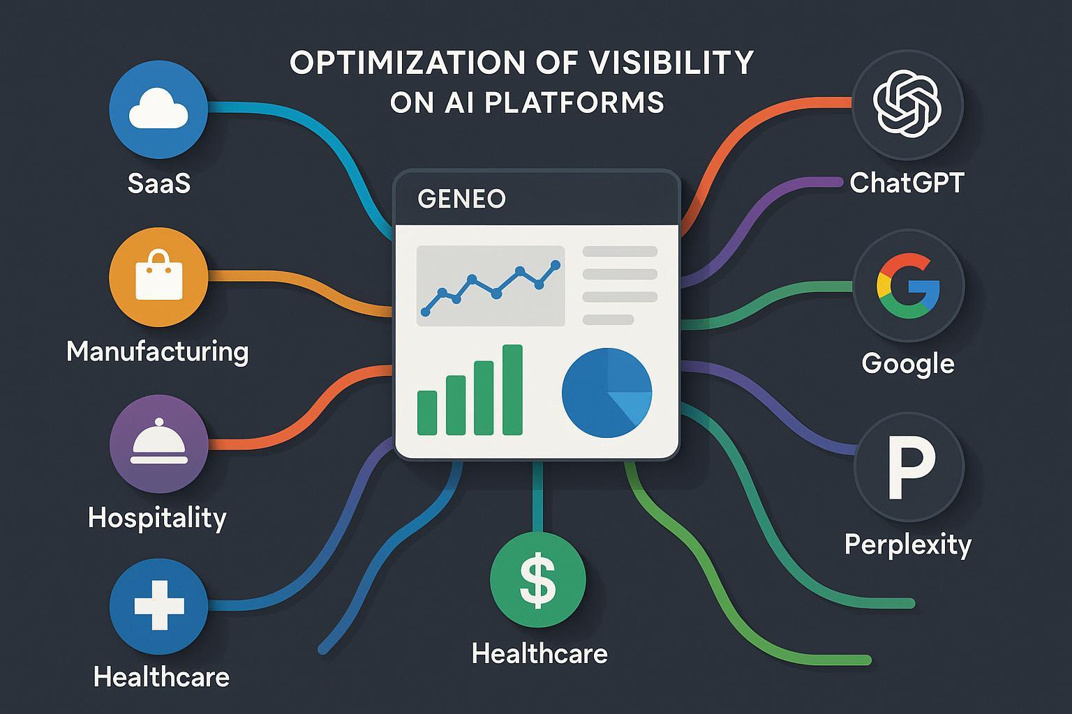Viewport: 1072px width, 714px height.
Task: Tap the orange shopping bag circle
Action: click(x=158, y=277)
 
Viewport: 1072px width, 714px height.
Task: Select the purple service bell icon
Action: click(x=159, y=443)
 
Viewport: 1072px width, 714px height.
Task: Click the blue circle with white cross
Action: click(x=159, y=607)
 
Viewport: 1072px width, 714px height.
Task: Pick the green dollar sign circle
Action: click(x=537, y=579)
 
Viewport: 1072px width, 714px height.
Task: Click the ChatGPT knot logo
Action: click(x=907, y=103)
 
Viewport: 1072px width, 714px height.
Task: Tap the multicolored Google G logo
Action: click(x=908, y=286)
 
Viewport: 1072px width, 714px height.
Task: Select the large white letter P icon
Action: click(x=911, y=467)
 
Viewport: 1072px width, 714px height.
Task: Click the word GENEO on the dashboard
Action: click(x=461, y=199)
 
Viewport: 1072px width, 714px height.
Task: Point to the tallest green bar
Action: click(x=512, y=390)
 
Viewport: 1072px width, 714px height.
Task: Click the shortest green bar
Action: click(x=427, y=413)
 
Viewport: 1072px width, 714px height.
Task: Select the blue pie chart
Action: click(x=606, y=393)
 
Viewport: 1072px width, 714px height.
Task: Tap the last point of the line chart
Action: click(x=555, y=264)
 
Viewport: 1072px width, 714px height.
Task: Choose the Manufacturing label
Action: click(x=158, y=352)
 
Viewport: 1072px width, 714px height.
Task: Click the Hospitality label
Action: click(x=157, y=518)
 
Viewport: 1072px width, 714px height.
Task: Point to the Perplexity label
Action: click(x=908, y=545)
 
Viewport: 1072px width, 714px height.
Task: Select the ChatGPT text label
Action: click(x=907, y=183)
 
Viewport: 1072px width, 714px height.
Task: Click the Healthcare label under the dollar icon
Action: click(x=539, y=653)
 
